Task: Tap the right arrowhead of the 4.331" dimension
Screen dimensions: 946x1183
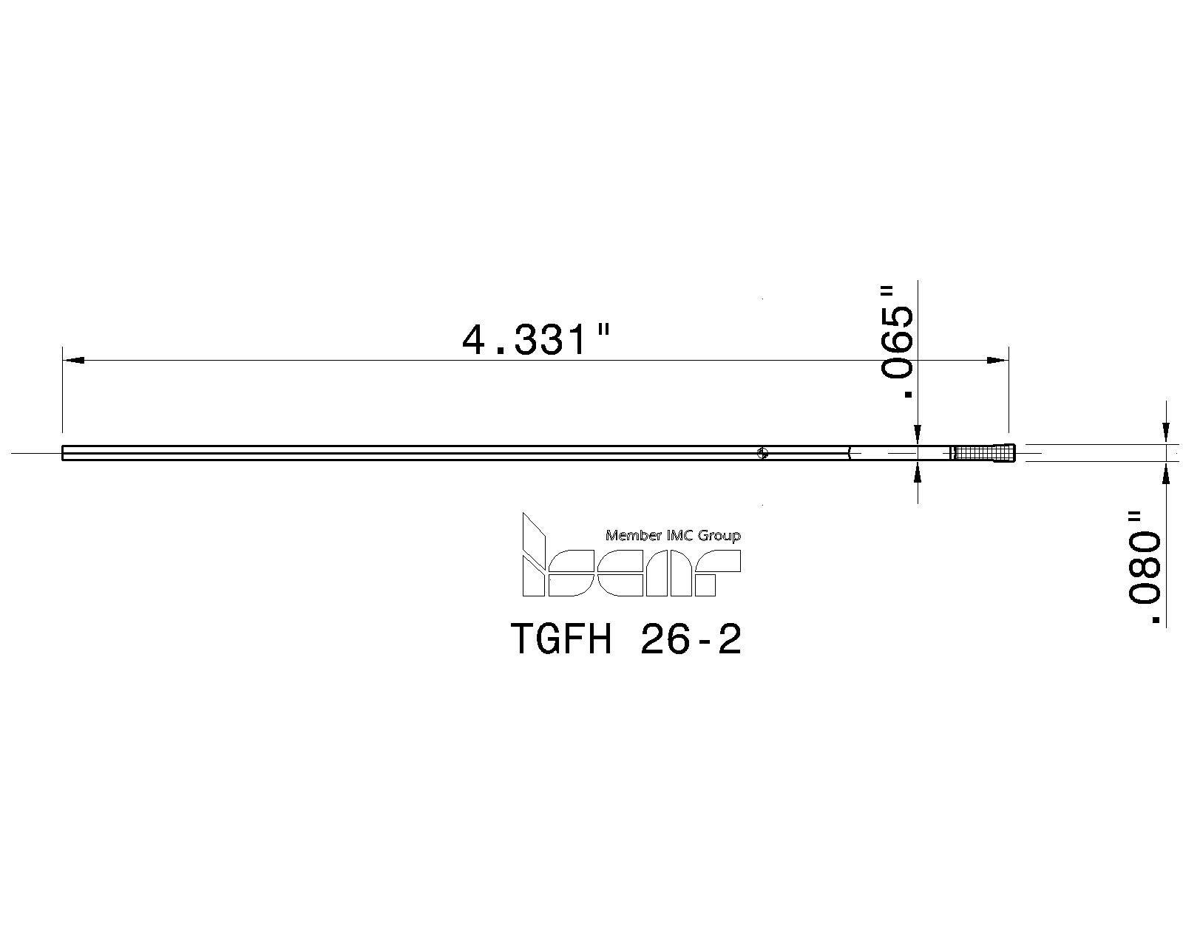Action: click(x=997, y=361)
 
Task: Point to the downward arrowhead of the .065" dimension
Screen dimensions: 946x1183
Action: click(x=918, y=436)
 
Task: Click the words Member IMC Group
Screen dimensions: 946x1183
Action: click(x=673, y=535)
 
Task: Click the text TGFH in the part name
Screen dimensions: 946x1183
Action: click(x=561, y=639)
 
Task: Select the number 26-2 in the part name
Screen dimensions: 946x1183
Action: click(x=691, y=639)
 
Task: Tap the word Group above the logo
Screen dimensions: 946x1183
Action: click(x=720, y=535)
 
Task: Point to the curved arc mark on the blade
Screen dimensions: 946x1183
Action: click(x=850, y=453)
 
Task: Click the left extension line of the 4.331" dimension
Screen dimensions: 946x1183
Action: click(x=62, y=392)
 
